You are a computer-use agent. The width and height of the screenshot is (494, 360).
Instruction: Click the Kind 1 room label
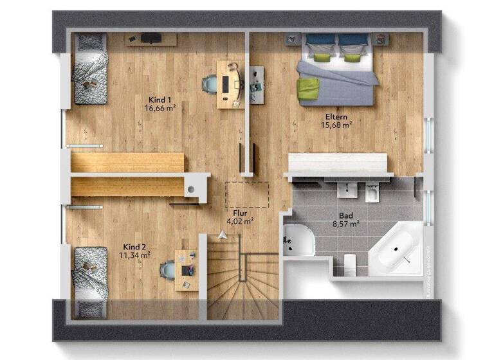[160, 100]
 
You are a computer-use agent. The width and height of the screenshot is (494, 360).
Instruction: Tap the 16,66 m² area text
[160, 108]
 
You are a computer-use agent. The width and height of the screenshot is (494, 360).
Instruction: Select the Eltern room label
[336, 116]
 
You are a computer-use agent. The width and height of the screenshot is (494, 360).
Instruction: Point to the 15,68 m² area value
[336, 125]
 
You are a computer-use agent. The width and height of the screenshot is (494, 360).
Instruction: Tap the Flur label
[239, 212]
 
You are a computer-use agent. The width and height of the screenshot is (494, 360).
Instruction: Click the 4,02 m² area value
[239, 221]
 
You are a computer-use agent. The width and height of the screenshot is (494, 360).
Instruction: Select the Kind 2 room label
[135, 246]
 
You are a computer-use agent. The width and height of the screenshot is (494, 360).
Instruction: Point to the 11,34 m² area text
[135, 255]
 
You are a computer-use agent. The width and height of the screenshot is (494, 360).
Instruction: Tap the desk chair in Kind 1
[210, 84]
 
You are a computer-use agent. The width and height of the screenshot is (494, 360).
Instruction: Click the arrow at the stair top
[223, 235]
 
